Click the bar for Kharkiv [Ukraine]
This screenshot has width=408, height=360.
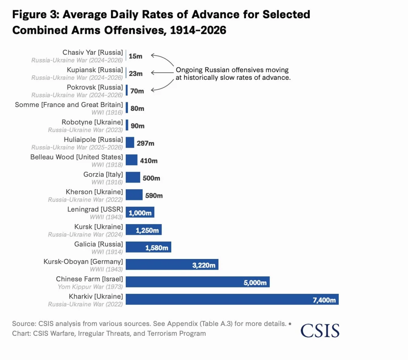pyautogui.click(x=232, y=299)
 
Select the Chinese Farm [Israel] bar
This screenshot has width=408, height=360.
pyautogui.click(x=198, y=282)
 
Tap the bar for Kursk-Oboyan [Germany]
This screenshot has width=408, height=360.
pyautogui.click(x=172, y=264)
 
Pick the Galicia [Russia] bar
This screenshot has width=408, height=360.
pyautogui.click(x=148, y=247)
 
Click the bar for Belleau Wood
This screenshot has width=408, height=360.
pyautogui.click(x=131, y=160)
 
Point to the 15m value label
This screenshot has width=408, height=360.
pyautogui.click(x=136, y=56)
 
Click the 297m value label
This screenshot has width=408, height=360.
pyautogui.click(x=145, y=143)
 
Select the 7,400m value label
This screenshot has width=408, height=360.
pyautogui.click(x=324, y=300)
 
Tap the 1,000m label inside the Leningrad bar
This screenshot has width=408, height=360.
pyautogui.click(x=140, y=213)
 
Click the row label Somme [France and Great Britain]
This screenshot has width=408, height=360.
pyautogui.click(x=69, y=105)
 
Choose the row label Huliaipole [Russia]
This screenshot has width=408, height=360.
pyautogui.click(x=93, y=140)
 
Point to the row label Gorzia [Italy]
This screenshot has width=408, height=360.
pyautogui.click(x=103, y=174)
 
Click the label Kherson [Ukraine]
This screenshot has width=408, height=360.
pyautogui.click(x=94, y=192)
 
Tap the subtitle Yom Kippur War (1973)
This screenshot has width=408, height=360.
pyautogui.click(x=90, y=287)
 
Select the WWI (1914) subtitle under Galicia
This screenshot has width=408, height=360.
pyautogui.click(x=107, y=252)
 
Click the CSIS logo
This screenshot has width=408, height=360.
pyautogui.click(x=320, y=331)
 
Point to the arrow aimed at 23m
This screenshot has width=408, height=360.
pyautogui.click(x=162, y=73)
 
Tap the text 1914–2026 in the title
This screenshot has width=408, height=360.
pyautogui.click(x=198, y=30)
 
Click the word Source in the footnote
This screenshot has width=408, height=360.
pyautogui.click(x=24, y=323)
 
